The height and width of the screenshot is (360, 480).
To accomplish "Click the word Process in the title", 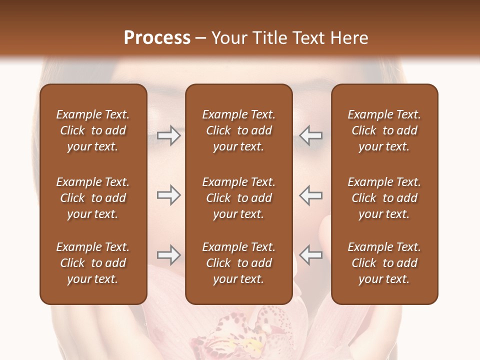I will pos(157,38).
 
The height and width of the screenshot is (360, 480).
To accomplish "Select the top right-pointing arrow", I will pos(168,135).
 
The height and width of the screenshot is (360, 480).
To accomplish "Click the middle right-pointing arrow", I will pos(168,195).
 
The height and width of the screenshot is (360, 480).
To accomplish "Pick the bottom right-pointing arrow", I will pos(168,255).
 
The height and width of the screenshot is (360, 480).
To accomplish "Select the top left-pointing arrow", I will pos(311,135).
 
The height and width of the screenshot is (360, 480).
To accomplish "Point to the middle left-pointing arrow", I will pos(311,195).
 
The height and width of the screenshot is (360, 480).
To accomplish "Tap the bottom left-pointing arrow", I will pos(311,255).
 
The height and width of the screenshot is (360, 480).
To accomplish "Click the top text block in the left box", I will pos(93,130).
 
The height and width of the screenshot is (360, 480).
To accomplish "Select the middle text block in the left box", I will pos(93,198).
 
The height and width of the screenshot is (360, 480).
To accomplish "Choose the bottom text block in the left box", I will pos(93,263).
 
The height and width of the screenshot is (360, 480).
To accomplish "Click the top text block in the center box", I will pos(238,130).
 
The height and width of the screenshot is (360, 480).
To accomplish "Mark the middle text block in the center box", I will pos(238,198).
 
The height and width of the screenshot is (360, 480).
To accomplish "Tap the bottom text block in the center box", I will pos(238,263).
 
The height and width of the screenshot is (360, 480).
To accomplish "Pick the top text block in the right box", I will pos(384,130).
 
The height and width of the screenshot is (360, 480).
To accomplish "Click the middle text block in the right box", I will pos(384,198).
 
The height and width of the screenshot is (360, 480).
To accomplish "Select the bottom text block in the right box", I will pos(384,263).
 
